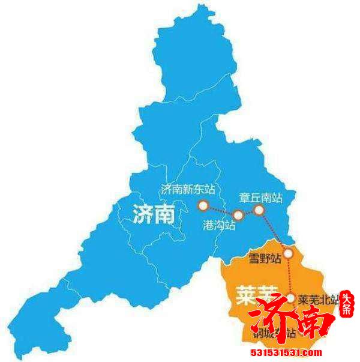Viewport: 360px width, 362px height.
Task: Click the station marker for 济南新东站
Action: point(203,206)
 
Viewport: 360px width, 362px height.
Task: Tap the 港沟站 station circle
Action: point(238,215)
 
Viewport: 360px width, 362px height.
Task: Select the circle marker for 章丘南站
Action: point(259,210)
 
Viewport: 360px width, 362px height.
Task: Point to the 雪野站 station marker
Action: point(288,253)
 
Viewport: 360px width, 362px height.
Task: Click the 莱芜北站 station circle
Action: point(291,297)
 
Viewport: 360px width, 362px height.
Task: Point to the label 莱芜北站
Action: point(318,298)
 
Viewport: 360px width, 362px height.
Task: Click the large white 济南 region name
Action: point(154,213)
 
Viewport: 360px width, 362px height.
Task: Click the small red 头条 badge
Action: point(347,305)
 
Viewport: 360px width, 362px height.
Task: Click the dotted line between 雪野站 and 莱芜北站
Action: point(290,276)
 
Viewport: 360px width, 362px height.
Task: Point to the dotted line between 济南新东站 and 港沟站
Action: point(221,211)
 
